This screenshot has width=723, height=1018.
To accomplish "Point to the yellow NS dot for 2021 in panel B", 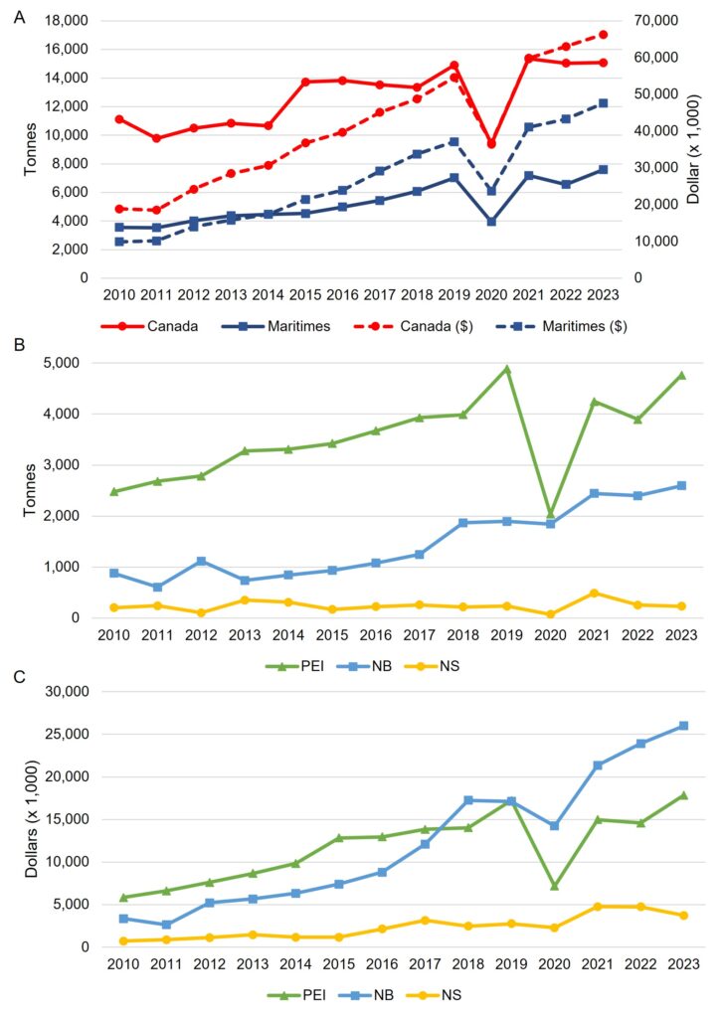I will [x=595, y=594].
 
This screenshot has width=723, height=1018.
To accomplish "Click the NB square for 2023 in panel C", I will [x=681, y=726].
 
